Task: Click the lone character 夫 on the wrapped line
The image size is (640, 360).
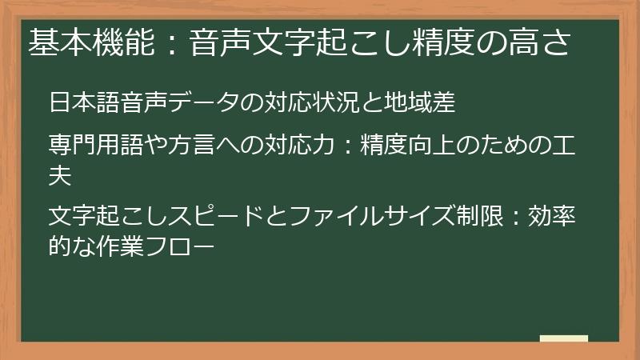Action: pyautogui.click(x=60, y=174)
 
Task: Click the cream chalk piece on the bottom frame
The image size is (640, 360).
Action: pyautogui.click(x=563, y=339)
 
